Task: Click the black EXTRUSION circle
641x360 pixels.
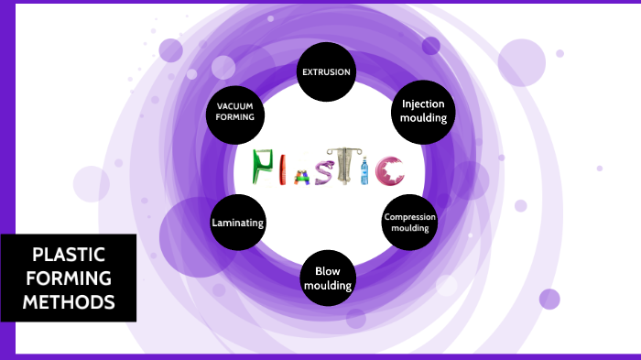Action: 326,71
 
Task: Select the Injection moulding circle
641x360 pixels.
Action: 424,111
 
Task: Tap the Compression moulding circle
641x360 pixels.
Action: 409,222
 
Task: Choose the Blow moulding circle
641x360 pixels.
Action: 328,278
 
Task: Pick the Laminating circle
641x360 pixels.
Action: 238,223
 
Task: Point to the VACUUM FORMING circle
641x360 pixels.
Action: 235,112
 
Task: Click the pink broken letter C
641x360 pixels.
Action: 391,169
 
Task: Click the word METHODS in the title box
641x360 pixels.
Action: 69,300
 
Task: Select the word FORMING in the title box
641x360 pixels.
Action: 69,278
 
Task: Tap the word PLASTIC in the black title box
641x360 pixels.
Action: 69,255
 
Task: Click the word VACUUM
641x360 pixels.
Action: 235,106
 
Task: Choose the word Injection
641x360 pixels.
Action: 424,104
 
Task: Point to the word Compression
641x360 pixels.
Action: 409,217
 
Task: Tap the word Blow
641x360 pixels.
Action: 328,271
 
